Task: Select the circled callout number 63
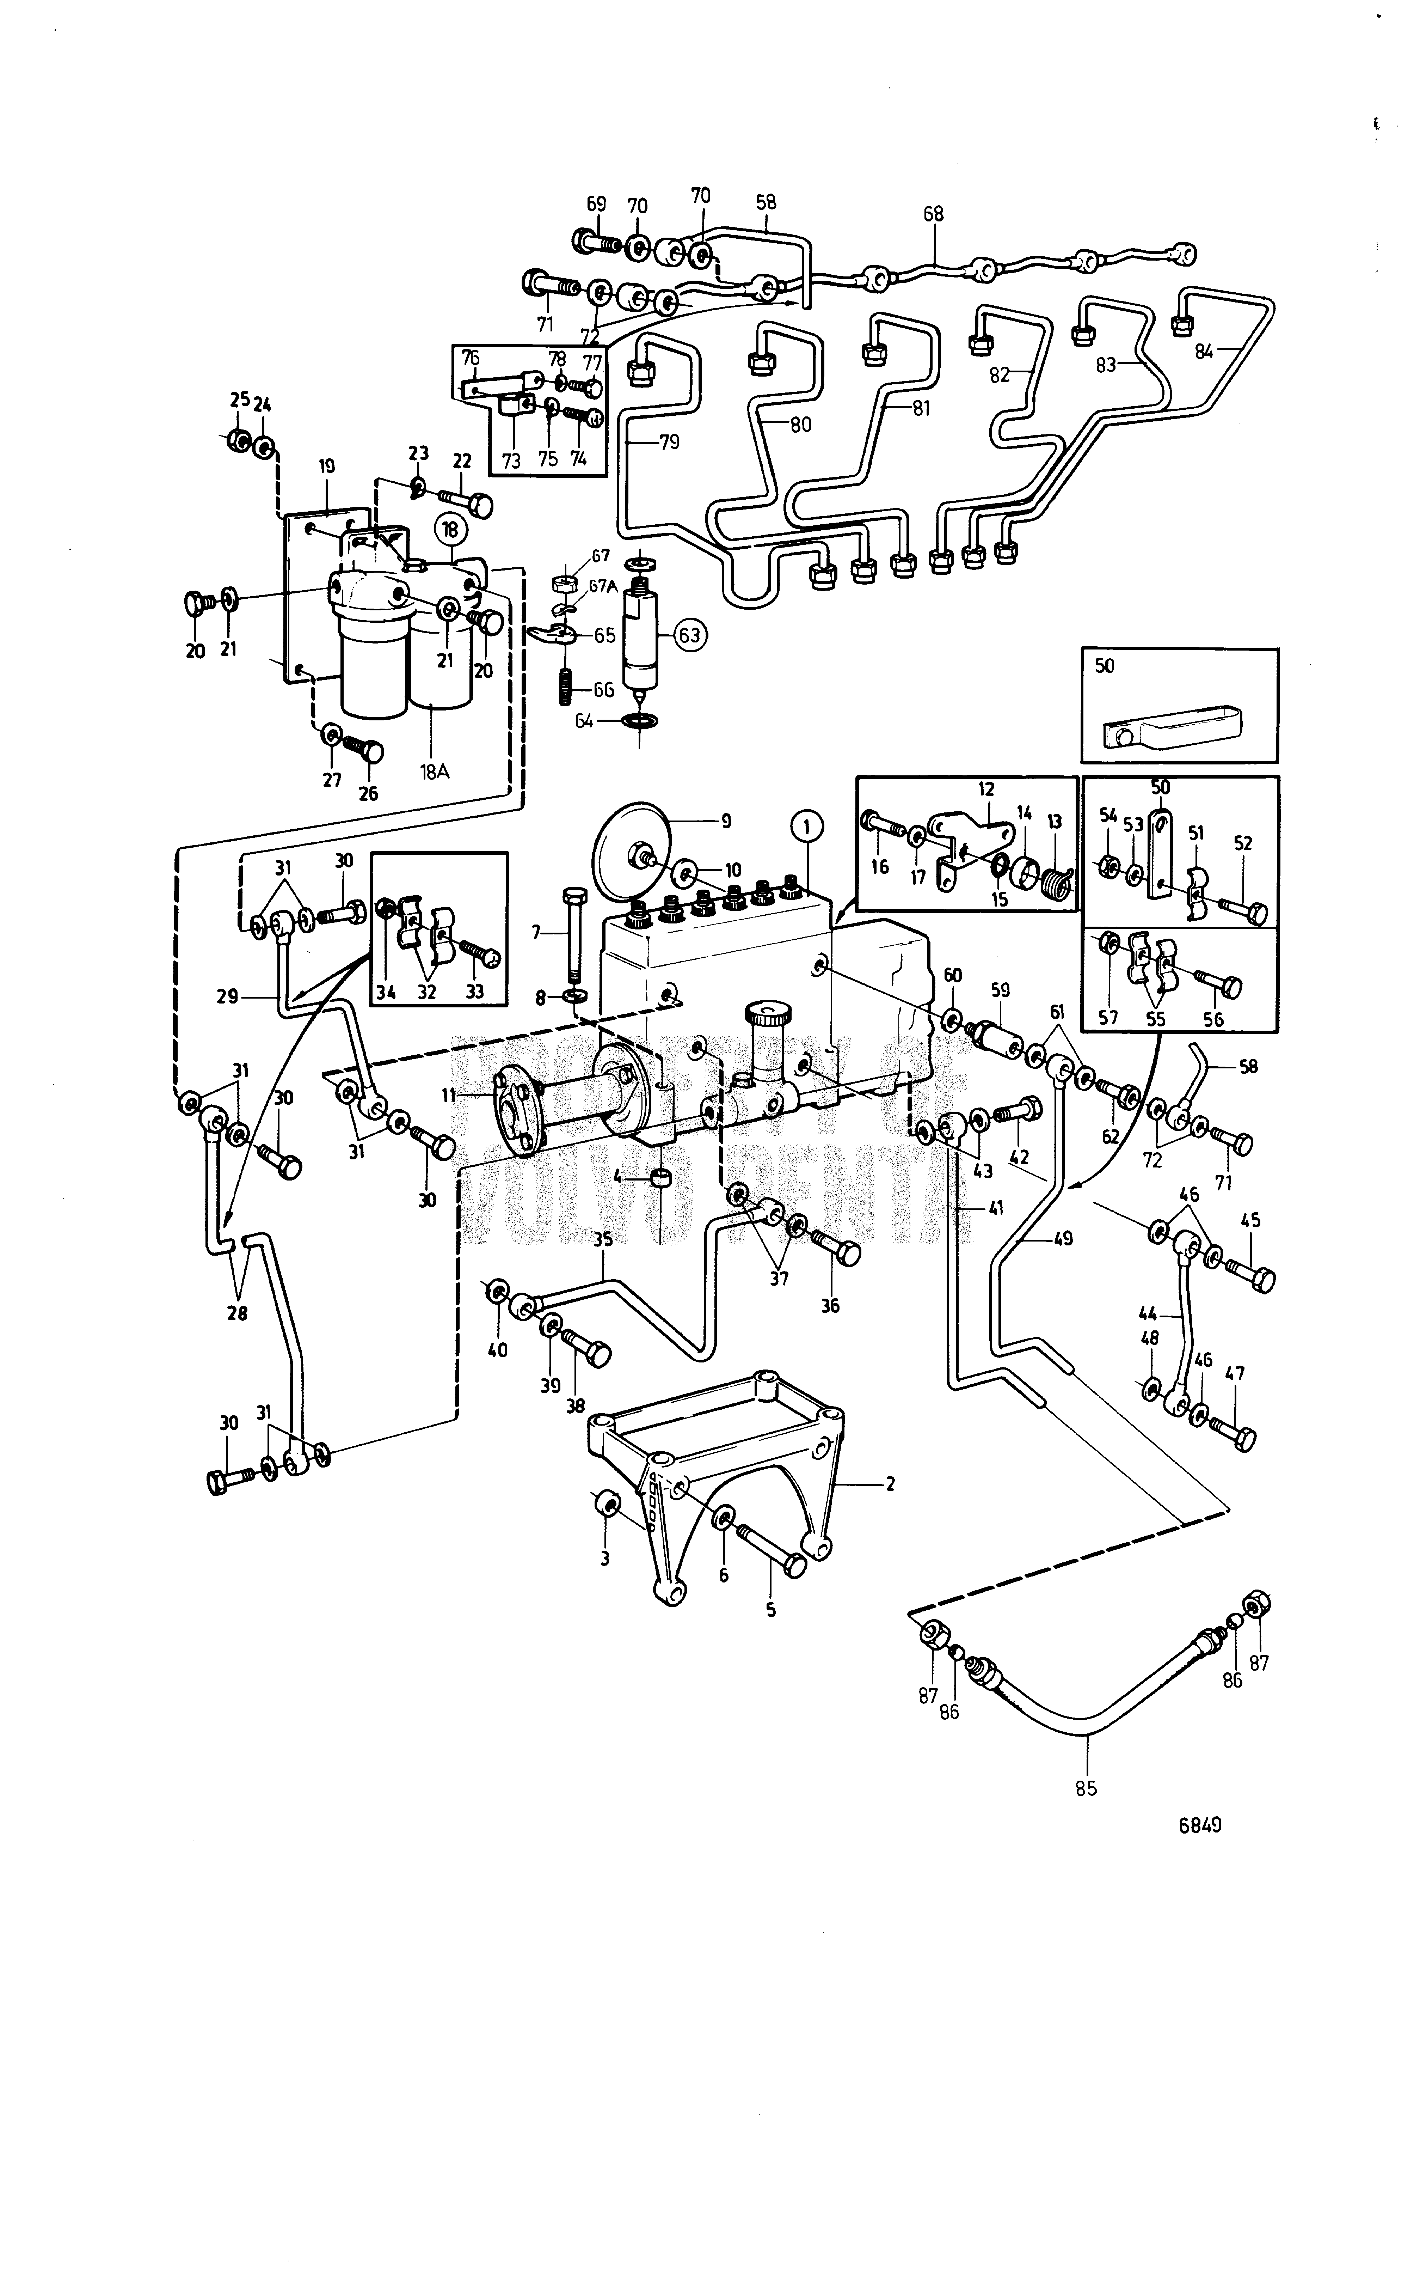click(x=689, y=635)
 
